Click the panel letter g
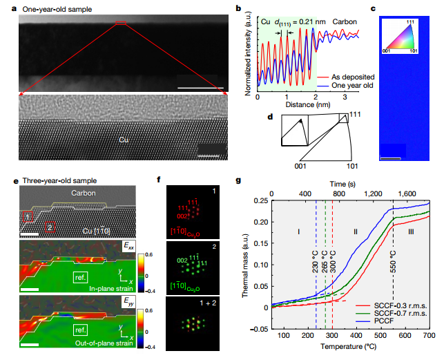click(x=240, y=182)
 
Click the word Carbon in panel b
click(x=340, y=22)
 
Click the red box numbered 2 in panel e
click(x=50, y=226)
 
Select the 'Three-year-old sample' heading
click(x=52, y=181)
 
